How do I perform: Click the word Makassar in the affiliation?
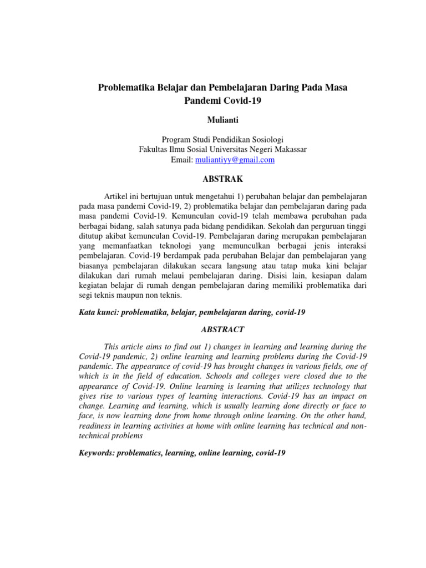coord(287,150)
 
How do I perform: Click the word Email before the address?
coord(181,160)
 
